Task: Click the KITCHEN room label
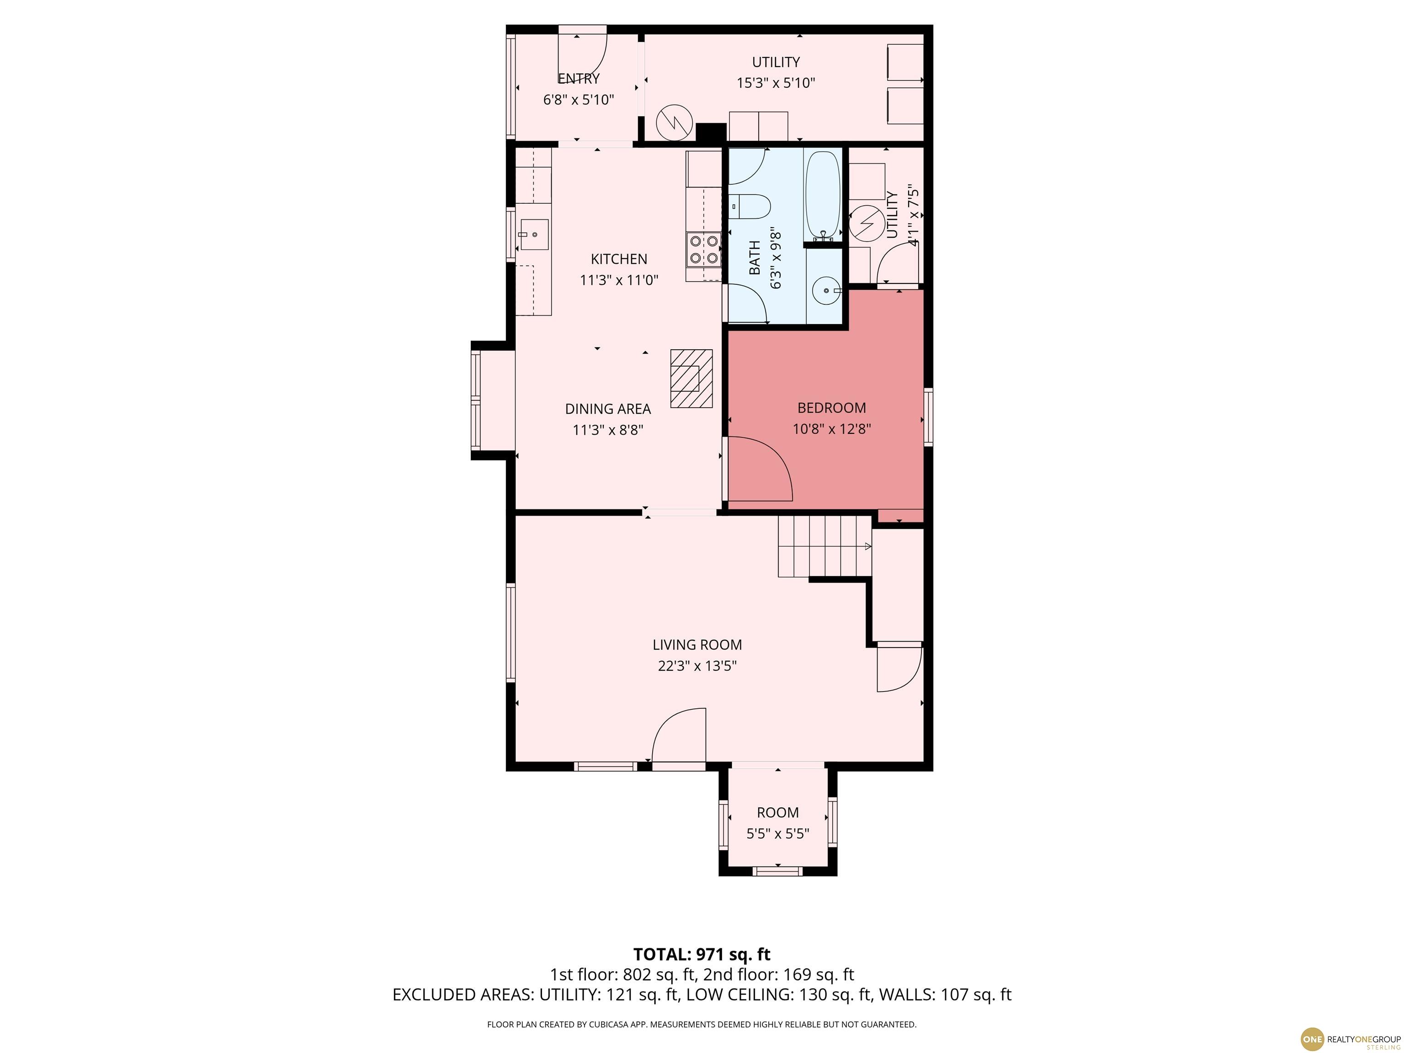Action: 619,259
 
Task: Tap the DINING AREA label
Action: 608,409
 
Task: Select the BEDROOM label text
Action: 831,408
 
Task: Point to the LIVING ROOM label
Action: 697,645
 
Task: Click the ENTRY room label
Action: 578,79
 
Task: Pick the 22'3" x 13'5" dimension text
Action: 697,666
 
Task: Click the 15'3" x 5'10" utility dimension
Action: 776,83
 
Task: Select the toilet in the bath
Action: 749,206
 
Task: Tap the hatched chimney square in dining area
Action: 691,378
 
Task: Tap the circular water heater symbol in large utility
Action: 672,122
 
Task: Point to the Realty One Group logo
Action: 1350,1038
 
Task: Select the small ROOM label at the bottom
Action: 777,813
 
